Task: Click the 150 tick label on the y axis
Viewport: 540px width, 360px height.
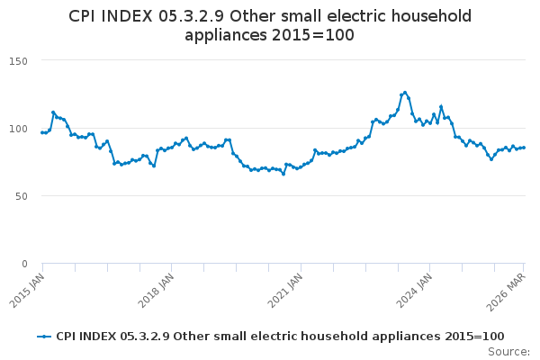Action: pyautogui.click(x=18, y=61)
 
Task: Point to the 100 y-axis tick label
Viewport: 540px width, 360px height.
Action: pyautogui.click(x=18, y=129)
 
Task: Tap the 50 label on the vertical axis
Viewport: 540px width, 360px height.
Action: pyautogui.click(x=22, y=196)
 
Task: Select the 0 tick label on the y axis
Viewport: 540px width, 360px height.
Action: pyautogui.click(x=24, y=264)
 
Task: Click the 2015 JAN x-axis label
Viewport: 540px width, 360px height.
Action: pyautogui.click(x=27, y=291)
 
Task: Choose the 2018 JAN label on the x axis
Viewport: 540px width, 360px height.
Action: pyautogui.click(x=156, y=291)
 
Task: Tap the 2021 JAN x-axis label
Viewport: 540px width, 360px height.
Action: pyautogui.click(x=285, y=291)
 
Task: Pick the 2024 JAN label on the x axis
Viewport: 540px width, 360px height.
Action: pyautogui.click(x=414, y=291)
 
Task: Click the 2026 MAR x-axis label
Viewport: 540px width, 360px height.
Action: pyautogui.click(x=506, y=292)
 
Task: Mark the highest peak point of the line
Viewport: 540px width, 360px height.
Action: pyautogui.click(x=405, y=93)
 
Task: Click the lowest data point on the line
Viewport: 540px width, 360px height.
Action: pyautogui.click(x=283, y=174)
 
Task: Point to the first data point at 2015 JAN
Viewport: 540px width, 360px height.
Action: pyautogui.click(x=42, y=132)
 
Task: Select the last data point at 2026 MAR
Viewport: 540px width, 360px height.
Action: pyautogui.click(x=524, y=148)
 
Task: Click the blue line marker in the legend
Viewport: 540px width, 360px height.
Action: pyautogui.click(x=44, y=337)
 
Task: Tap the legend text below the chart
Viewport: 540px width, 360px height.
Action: pyautogui.click(x=280, y=337)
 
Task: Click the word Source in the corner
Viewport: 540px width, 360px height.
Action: pyautogui.click(x=508, y=352)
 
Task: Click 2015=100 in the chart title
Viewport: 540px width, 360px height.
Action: pyautogui.click(x=312, y=35)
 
